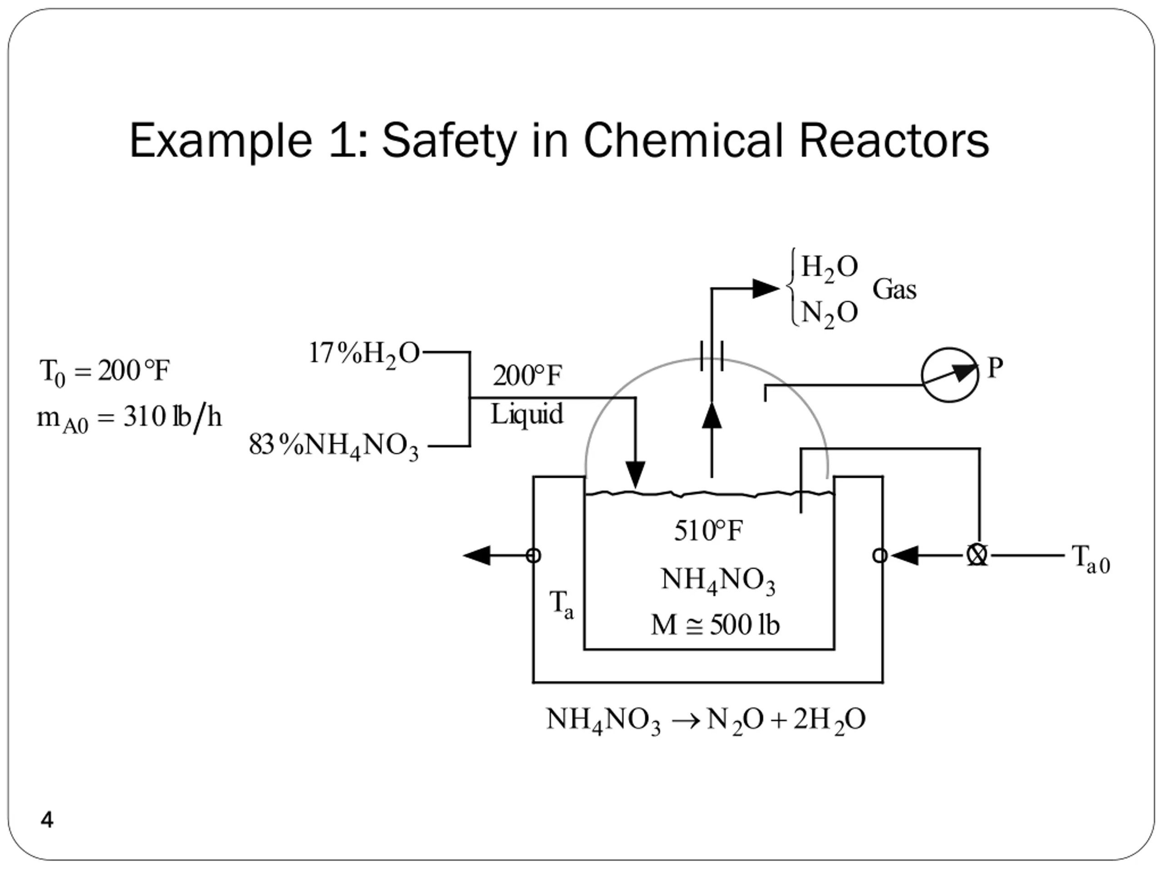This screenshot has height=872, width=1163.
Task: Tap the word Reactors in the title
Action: pyautogui.click(x=893, y=141)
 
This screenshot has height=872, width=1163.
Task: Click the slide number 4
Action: pyautogui.click(x=47, y=819)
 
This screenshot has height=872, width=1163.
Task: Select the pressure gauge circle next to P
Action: pyautogui.click(x=949, y=375)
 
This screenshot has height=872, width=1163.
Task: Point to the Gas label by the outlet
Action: pyautogui.click(x=895, y=290)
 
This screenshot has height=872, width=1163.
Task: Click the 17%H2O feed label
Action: pyautogui.click(x=364, y=354)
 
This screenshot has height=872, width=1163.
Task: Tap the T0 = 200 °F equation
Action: pyautogui.click(x=104, y=372)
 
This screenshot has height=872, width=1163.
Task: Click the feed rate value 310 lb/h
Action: pyautogui.click(x=173, y=418)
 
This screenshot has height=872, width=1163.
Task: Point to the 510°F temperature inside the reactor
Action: pyautogui.click(x=708, y=531)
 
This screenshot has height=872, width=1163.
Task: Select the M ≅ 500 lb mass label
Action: pyautogui.click(x=715, y=625)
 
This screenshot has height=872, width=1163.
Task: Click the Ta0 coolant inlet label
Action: pyautogui.click(x=1090, y=558)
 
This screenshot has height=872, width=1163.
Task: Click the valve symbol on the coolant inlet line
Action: pyautogui.click(x=977, y=555)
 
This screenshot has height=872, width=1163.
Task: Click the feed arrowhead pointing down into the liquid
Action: pyautogui.click(x=635, y=474)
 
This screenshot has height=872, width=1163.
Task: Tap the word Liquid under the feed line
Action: pyautogui.click(x=527, y=415)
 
